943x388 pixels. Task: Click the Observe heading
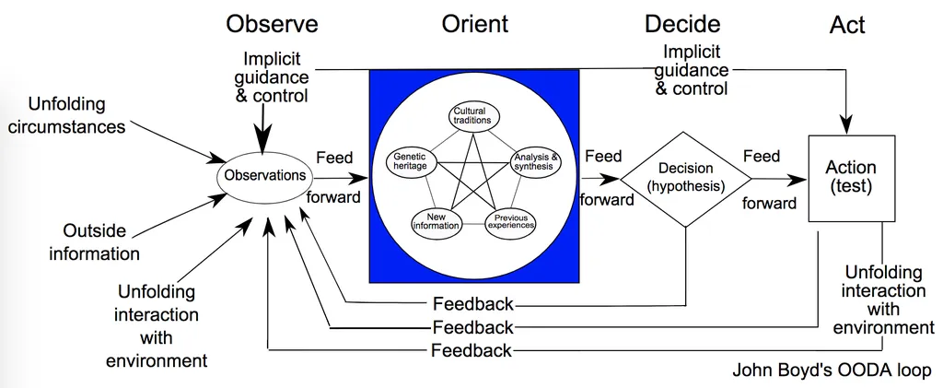coord(272,24)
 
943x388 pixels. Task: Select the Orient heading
coord(474,24)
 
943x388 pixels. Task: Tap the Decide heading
coord(682,24)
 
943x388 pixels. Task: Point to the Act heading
coord(847,25)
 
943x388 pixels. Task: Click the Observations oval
coord(264,175)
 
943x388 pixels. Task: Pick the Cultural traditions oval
coord(475,116)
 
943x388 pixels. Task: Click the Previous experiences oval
coord(509,222)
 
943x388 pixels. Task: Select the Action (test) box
coord(850,177)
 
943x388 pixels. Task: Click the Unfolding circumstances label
coord(66,115)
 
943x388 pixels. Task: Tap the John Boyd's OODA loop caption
coord(832,371)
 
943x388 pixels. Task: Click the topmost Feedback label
coord(472,304)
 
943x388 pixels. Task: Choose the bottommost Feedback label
coord(471,350)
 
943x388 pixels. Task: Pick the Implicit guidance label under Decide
coord(692,70)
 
